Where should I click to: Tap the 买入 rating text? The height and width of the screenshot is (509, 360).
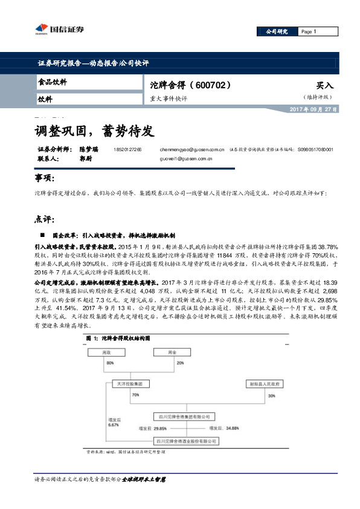pos(324,85)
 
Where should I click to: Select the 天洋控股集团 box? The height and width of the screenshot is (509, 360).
pos(129,383)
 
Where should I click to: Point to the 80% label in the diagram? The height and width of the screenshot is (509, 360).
pos(111,363)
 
